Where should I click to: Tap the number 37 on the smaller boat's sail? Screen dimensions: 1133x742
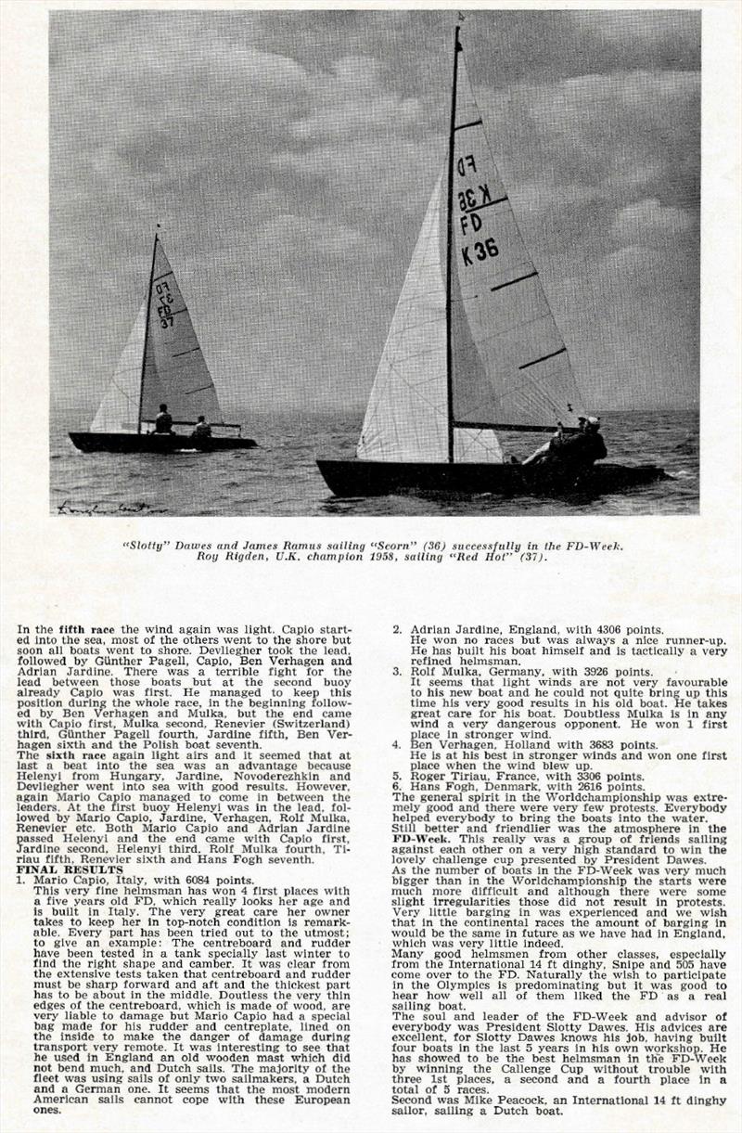pyautogui.click(x=167, y=322)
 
